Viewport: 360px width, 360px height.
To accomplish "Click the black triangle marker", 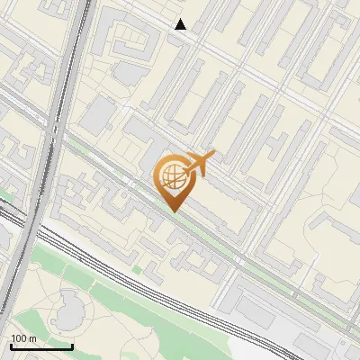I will tap(181, 24).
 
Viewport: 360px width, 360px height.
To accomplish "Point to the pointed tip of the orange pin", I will tap(172, 211).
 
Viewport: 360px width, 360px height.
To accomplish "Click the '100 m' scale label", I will tap(23, 338).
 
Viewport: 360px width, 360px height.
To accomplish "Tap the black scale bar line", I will tap(41, 346).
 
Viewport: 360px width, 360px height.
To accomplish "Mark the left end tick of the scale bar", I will tap(11, 346).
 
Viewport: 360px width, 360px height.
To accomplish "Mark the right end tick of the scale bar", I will tap(72, 346).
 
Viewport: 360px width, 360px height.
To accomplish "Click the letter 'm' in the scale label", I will tap(32, 338).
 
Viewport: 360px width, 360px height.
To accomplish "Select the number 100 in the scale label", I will tap(19, 338).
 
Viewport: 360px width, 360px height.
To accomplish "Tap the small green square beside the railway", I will tap(137, 268).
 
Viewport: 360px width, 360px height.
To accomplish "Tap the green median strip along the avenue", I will tap(225, 244).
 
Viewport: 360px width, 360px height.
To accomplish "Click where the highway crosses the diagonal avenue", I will tap(51, 135).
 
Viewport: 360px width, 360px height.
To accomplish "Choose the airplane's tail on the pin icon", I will tap(210, 157).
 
